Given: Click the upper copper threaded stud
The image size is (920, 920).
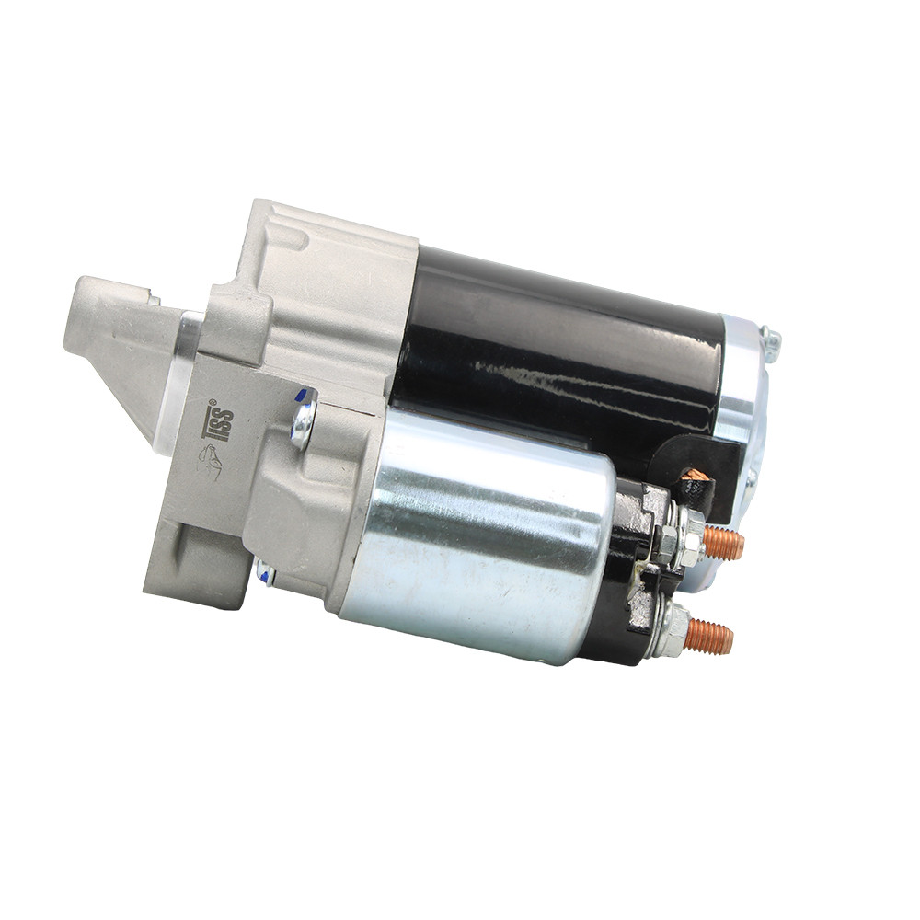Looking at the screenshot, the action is [723, 543].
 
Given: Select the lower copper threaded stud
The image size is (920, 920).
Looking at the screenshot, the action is [710, 636].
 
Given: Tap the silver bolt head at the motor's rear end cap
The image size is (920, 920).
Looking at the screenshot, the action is [770, 342].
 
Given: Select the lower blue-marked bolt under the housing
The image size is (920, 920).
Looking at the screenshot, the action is [266, 571].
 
